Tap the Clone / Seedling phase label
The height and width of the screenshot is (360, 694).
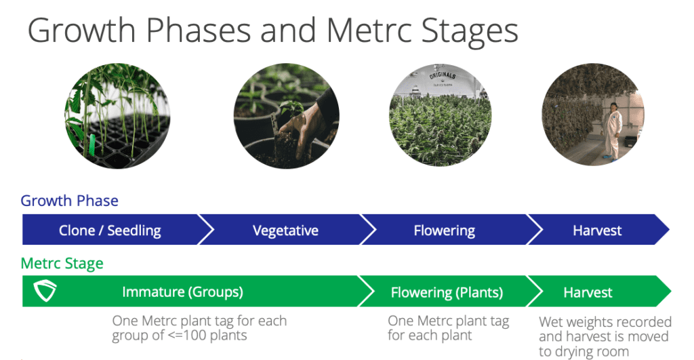(x=110, y=231)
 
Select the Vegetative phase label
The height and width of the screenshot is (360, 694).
(x=285, y=231)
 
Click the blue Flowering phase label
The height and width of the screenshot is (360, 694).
(x=445, y=231)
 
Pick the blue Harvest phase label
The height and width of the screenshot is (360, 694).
(x=597, y=231)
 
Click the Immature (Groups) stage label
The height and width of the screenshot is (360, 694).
(x=182, y=292)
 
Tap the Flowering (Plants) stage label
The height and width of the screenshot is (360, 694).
(x=447, y=292)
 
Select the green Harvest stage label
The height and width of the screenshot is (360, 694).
(x=588, y=292)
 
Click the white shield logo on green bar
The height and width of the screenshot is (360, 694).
(x=45, y=290)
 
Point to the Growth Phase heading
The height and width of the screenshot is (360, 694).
(x=70, y=201)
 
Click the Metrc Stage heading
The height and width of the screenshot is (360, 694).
(x=62, y=264)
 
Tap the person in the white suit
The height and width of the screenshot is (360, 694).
(x=613, y=131)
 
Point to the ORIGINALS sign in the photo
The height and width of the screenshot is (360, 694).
(x=442, y=76)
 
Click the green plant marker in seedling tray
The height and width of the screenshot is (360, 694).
(x=92, y=144)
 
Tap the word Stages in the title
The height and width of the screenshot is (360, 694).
(x=469, y=31)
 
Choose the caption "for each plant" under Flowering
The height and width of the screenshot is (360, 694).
(x=430, y=335)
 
